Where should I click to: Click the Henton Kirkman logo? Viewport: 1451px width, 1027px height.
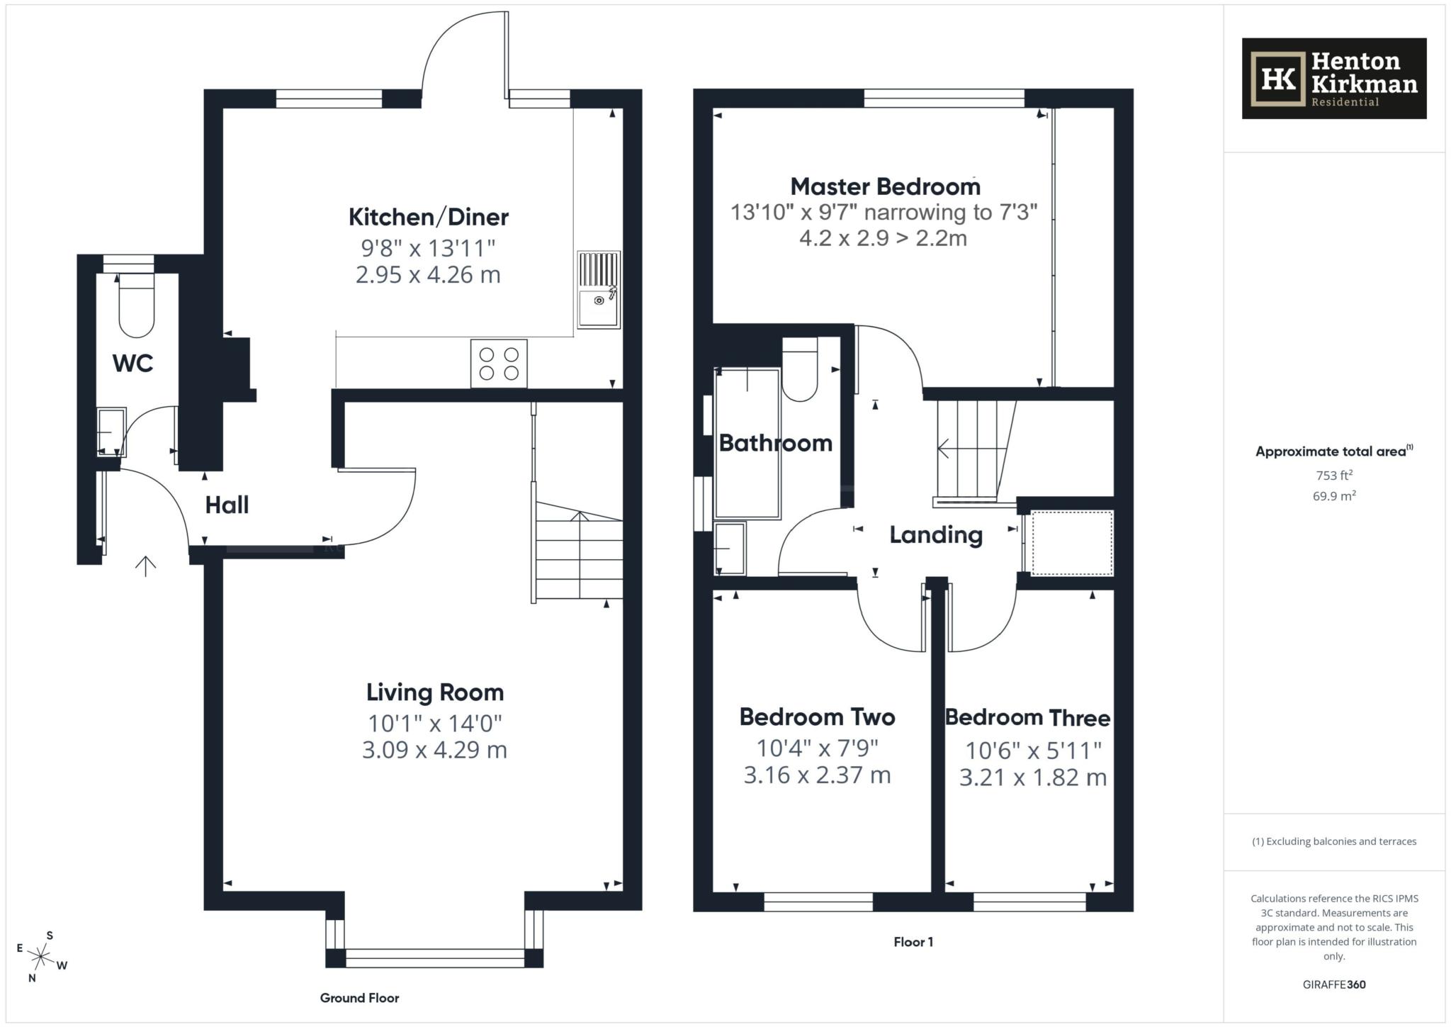pos(1333,79)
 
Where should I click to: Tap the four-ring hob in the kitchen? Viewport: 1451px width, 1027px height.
pos(498,364)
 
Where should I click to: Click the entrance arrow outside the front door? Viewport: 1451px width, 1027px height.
pos(145,566)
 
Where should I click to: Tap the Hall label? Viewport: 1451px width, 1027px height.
pos(227,505)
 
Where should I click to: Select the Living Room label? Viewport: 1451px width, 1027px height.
pos(434,692)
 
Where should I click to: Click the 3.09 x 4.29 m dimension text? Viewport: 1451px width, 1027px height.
pos(434,749)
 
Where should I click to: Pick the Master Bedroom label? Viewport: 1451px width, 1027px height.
pos(885,186)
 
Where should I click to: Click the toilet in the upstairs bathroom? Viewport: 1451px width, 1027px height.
pos(800,369)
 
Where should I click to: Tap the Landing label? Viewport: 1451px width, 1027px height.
pos(935,534)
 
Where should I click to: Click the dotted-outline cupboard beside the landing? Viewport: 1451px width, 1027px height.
pos(1071,543)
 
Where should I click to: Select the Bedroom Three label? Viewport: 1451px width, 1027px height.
pos(1027,718)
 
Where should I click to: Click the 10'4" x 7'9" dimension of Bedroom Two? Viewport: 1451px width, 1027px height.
pos(817,748)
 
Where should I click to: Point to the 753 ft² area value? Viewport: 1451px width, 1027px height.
pos(1334,476)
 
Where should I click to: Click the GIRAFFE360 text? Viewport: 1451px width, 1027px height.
pos(1333,984)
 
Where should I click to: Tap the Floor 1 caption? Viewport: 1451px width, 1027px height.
pos(913,942)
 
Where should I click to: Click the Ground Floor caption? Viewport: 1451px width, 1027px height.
pos(359,998)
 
